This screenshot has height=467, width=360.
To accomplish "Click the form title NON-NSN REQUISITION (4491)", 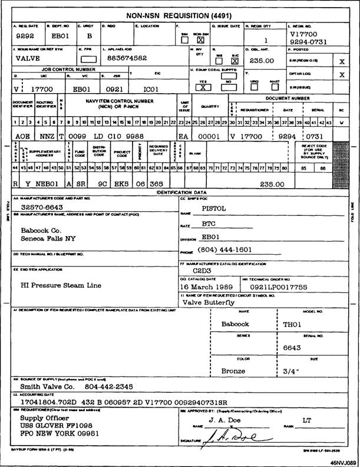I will point(179,16).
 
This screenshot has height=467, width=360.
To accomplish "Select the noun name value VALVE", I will point(27,60).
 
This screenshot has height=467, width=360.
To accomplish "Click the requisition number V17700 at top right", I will point(304,35).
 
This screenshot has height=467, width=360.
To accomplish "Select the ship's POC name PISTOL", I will point(214,208).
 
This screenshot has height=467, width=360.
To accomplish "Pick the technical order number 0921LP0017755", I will point(293,286).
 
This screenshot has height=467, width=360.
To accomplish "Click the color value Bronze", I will point(233,371).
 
